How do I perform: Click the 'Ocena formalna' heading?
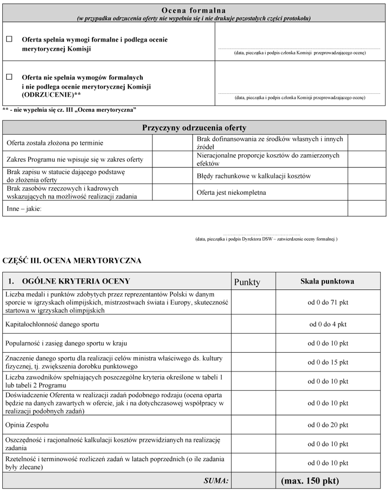tap(193, 10)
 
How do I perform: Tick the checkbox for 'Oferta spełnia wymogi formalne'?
tap(9, 40)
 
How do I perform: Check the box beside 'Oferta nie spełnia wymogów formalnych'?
tap(9, 76)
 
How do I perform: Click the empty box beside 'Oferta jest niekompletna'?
tap(367, 193)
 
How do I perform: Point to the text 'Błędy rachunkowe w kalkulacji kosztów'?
tap(253, 176)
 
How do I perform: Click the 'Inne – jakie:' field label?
tap(24, 208)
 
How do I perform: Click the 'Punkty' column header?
tap(247, 282)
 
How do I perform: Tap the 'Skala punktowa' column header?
tap(327, 281)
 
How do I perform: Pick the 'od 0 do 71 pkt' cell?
tap(327, 303)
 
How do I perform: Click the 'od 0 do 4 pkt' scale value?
tap(327, 324)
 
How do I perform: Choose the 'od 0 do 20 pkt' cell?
tap(327, 425)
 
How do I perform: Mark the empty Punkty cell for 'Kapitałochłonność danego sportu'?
tap(253, 324)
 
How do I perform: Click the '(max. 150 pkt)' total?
tap(310, 481)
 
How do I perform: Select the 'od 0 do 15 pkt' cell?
tap(327, 362)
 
